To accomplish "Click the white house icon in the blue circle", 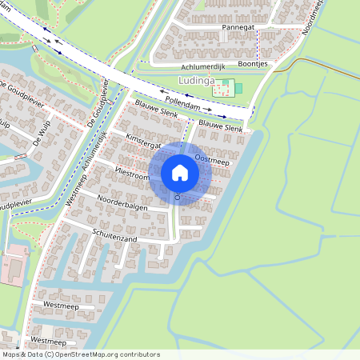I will [180, 172].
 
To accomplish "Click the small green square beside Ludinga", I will [238, 87].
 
